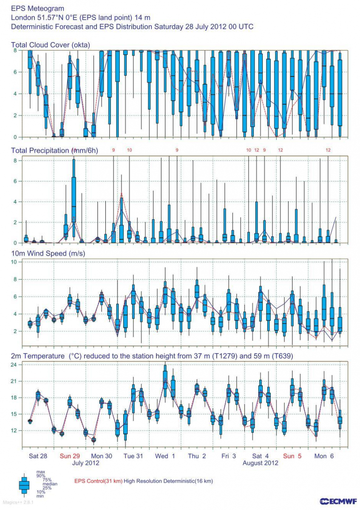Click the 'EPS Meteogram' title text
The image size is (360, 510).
coord(32,8)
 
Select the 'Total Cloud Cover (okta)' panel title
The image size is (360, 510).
coord(50,45)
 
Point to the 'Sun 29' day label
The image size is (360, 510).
coord(70,456)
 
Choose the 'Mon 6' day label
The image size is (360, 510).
coord(324,456)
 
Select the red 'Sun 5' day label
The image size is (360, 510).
coord(292,456)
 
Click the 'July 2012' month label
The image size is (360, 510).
coord(85,463)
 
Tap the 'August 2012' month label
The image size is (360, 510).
coord(260,463)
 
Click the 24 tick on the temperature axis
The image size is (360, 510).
coord(13,365)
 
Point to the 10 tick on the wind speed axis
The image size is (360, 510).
coord(14,262)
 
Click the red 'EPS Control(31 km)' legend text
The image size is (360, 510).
coord(98,481)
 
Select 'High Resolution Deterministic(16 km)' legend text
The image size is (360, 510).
coord(168,481)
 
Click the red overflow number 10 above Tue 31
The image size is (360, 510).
coord(130,150)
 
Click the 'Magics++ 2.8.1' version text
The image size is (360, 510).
coord(14,503)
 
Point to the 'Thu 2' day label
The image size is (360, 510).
coord(197,456)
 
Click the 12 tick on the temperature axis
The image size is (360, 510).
coord(13,431)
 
